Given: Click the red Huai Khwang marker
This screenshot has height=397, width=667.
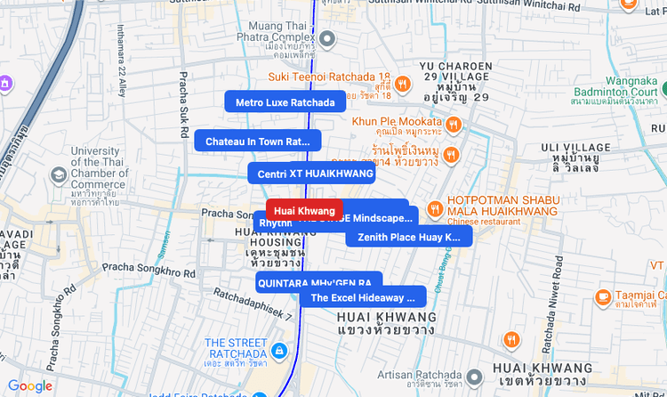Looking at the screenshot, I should (304, 210).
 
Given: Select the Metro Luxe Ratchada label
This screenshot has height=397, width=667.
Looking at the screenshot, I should (285, 102).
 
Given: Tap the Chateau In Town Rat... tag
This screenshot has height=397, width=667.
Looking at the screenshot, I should (257, 141).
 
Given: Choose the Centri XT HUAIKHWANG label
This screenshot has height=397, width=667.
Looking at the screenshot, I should (310, 173).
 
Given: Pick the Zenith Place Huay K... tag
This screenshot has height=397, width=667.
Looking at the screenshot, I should (409, 237).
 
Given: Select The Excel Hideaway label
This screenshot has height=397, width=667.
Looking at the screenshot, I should (362, 297).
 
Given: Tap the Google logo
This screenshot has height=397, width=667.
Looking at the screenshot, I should (30, 386).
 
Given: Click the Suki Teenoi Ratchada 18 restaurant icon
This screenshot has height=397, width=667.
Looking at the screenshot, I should (403, 84).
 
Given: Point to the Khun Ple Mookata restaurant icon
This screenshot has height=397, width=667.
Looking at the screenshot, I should (454, 123).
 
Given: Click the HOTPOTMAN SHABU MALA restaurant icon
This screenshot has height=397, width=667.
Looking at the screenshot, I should (435, 208).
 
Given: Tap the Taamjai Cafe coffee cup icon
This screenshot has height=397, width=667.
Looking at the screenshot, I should (604, 296).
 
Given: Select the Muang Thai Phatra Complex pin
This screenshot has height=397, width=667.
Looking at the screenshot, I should (327, 39).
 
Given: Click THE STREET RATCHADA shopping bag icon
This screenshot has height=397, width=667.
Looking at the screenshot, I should (280, 349).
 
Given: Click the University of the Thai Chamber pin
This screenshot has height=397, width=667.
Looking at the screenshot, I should (59, 174).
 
